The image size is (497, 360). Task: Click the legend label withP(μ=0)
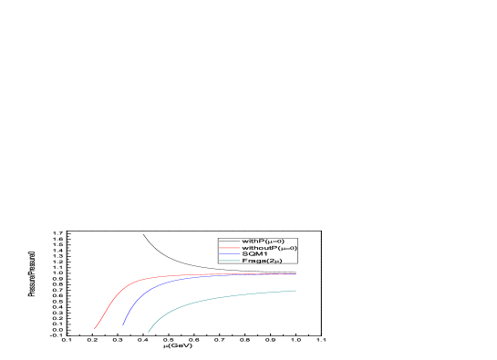pos(263,241)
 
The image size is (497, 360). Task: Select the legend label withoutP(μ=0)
pos(269,247)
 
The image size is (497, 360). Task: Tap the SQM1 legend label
pos(254,254)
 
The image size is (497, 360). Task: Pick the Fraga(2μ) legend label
pos(262,261)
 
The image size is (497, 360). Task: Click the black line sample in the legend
pos(230,241)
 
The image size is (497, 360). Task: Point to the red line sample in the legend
pos(230,247)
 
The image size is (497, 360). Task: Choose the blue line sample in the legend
pos(230,254)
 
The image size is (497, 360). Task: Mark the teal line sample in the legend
pos(230,261)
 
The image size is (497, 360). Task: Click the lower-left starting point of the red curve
pos(95,328)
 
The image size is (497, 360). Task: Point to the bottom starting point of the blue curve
pos(123,325)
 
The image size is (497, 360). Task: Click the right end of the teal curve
pos(295,291)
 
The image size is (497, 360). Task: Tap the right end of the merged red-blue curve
pos(295,273)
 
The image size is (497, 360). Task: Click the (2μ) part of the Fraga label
pos(274,261)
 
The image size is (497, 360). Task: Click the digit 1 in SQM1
pos(265,254)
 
